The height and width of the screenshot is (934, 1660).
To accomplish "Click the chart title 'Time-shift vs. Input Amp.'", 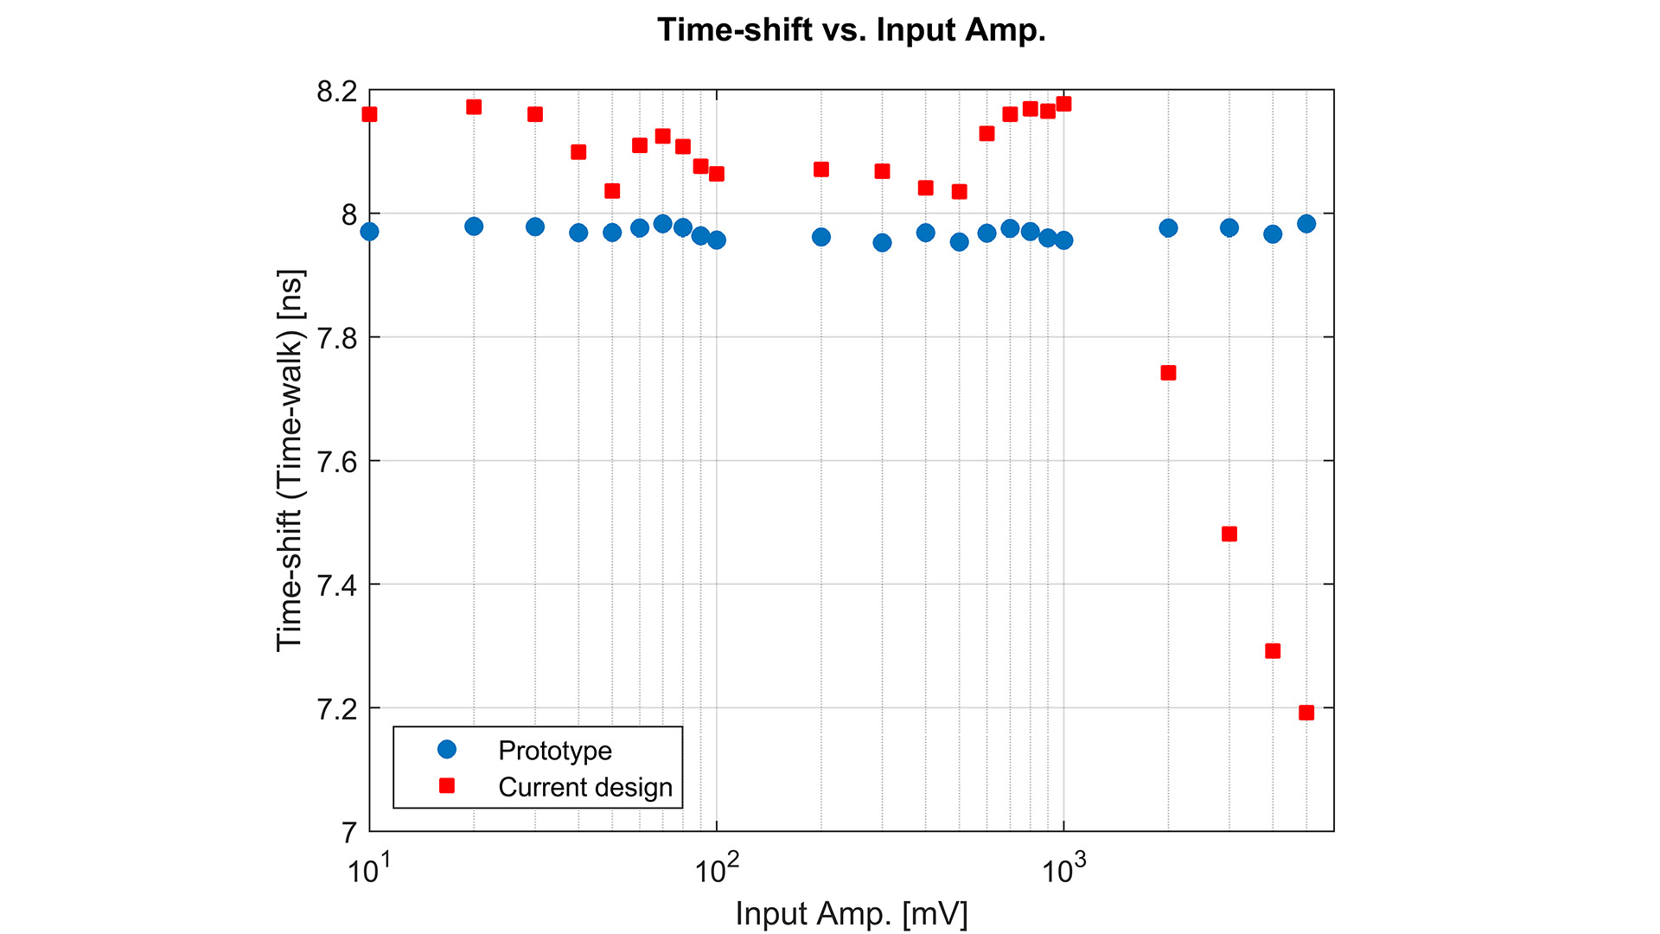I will [851, 30].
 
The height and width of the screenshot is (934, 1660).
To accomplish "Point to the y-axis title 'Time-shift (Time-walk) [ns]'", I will [290, 461].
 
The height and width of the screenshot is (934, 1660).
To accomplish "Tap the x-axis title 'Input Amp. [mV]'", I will [851, 913].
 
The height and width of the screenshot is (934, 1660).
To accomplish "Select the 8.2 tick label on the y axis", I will [336, 91].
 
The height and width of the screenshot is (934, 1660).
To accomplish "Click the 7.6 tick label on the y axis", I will [336, 462].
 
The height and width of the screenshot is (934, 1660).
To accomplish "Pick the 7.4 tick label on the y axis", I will [336, 585].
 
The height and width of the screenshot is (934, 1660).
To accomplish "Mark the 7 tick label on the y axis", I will [348, 833].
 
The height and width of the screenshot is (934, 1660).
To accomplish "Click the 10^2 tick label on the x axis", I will [716, 869].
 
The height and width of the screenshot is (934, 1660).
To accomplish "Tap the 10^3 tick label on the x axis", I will [1063, 869].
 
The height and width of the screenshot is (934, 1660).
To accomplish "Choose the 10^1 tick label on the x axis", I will [369, 869].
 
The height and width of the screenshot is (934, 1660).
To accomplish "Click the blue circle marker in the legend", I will [446, 749].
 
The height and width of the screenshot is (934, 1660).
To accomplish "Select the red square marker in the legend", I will [446, 786].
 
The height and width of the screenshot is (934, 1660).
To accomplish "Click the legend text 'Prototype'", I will [555, 750].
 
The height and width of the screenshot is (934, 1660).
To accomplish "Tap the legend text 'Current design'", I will [585, 787].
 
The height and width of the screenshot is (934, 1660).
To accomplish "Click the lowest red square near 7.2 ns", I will [1306, 713].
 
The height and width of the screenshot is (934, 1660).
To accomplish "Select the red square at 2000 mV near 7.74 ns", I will [1168, 373].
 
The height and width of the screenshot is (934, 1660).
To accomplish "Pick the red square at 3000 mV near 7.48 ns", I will [1229, 534].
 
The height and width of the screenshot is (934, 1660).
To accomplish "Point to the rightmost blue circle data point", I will [1306, 224].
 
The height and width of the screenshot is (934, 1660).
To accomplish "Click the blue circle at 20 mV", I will [474, 227].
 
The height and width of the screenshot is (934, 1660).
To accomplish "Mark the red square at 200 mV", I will [821, 170].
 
